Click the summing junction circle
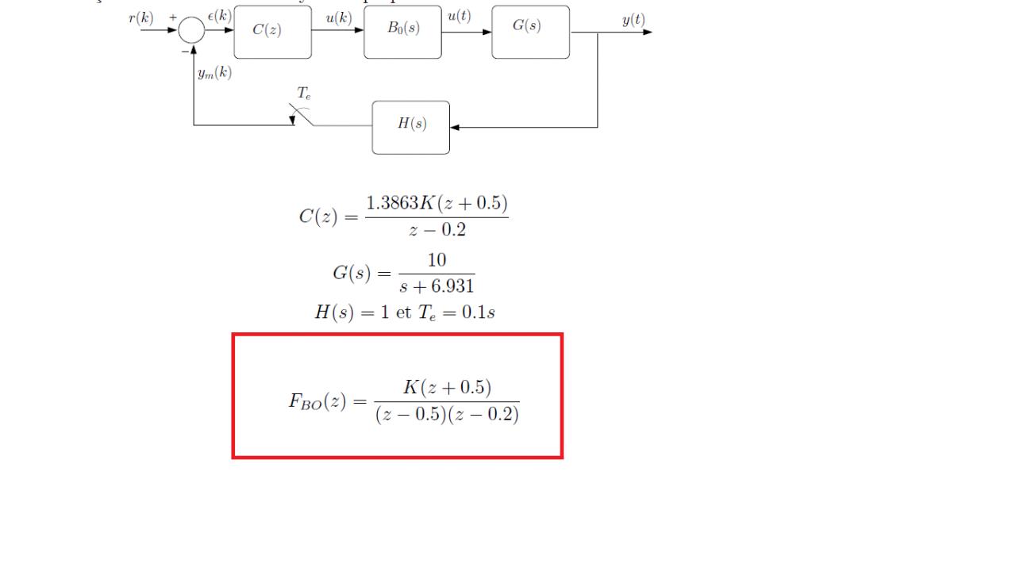[x=191, y=31]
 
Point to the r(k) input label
[x=141, y=19]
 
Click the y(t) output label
[x=633, y=21]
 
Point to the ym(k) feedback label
[x=214, y=74]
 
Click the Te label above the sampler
[x=304, y=93]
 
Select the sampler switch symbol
[x=302, y=117]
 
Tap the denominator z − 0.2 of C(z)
[x=437, y=230]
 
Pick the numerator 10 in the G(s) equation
[x=437, y=260]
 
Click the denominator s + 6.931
[x=437, y=285]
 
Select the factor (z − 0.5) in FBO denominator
[x=410, y=416]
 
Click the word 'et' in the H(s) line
[x=403, y=312]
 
